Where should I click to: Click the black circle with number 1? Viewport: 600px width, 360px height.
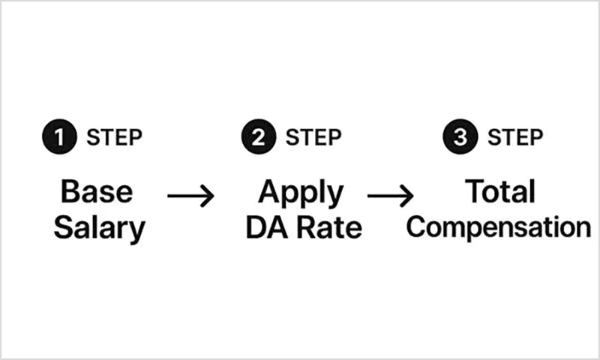click(x=58, y=137)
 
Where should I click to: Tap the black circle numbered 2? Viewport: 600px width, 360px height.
click(x=257, y=137)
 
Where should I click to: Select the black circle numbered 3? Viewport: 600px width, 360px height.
click(x=458, y=137)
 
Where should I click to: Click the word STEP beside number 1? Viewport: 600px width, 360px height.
click(x=114, y=138)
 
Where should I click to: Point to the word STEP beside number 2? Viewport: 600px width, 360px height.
click(x=313, y=138)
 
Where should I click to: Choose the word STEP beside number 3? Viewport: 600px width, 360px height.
click(x=514, y=138)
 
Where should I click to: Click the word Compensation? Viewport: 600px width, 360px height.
click(x=499, y=228)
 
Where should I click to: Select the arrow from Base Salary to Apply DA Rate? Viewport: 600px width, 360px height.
click(x=190, y=197)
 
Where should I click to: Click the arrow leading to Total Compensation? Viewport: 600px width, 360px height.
click(x=391, y=196)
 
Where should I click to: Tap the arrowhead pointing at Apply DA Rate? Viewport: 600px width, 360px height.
click(x=209, y=197)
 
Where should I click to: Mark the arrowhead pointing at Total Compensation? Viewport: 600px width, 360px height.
click(x=409, y=196)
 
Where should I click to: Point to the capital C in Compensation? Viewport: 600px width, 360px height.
click(x=416, y=226)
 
